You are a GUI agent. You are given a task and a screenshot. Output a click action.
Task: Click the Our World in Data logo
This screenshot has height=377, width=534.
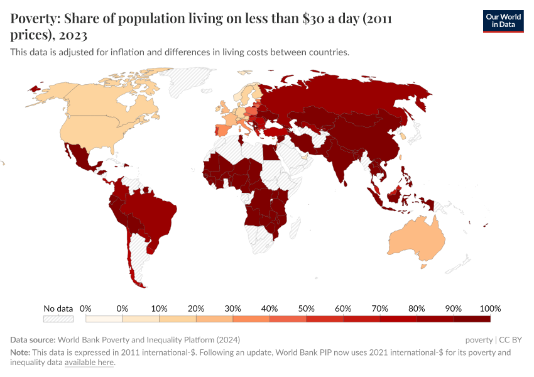[x=503, y=21]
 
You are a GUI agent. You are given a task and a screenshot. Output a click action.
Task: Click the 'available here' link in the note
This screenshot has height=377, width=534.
[x=89, y=363]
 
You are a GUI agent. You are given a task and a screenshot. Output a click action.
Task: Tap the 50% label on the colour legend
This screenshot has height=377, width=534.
[x=307, y=309]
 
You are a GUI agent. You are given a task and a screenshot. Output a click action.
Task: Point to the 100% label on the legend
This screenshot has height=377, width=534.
[x=490, y=309]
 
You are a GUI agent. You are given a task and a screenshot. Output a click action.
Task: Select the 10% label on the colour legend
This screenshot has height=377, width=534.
[x=160, y=309]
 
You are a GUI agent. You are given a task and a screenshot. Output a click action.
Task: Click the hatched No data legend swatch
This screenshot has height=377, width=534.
[x=58, y=319]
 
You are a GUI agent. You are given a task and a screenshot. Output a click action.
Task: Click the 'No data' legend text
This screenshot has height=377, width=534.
[x=58, y=309]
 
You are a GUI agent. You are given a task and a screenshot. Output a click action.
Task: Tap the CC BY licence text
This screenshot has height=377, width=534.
[x=511, y=339]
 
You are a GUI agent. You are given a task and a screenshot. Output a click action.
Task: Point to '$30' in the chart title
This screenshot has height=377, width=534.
[x=313, y=19]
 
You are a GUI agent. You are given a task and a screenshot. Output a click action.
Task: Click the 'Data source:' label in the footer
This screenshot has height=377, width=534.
[x=32, y=339]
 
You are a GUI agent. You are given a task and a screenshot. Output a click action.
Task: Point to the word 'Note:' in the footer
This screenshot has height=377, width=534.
[x=20, y=352]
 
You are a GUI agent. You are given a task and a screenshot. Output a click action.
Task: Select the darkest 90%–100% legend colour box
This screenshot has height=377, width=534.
[x=472, y=319]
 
